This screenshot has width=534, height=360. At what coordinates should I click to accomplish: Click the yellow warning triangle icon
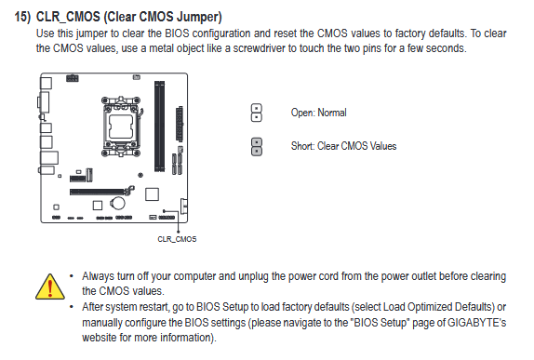click(50, 287)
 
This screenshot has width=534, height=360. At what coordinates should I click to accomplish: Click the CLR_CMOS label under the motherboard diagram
click(177, 239)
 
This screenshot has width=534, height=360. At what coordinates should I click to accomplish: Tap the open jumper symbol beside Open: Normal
click(257, 113)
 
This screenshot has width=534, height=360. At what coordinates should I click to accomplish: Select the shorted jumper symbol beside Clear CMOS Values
click(257, 147)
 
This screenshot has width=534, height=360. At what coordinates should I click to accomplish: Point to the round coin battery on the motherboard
click(117, 204)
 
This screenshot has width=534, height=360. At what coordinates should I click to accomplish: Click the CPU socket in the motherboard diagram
click(121, 126)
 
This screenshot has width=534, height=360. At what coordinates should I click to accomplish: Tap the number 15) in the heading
click(22, 17)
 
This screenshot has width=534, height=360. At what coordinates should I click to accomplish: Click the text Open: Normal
click(318, 113)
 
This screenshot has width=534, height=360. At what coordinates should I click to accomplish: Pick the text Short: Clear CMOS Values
click(343, 146)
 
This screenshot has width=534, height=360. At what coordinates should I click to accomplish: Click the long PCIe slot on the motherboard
click(99, 192)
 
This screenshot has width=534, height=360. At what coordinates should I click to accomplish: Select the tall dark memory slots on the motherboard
click(159, 126)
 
